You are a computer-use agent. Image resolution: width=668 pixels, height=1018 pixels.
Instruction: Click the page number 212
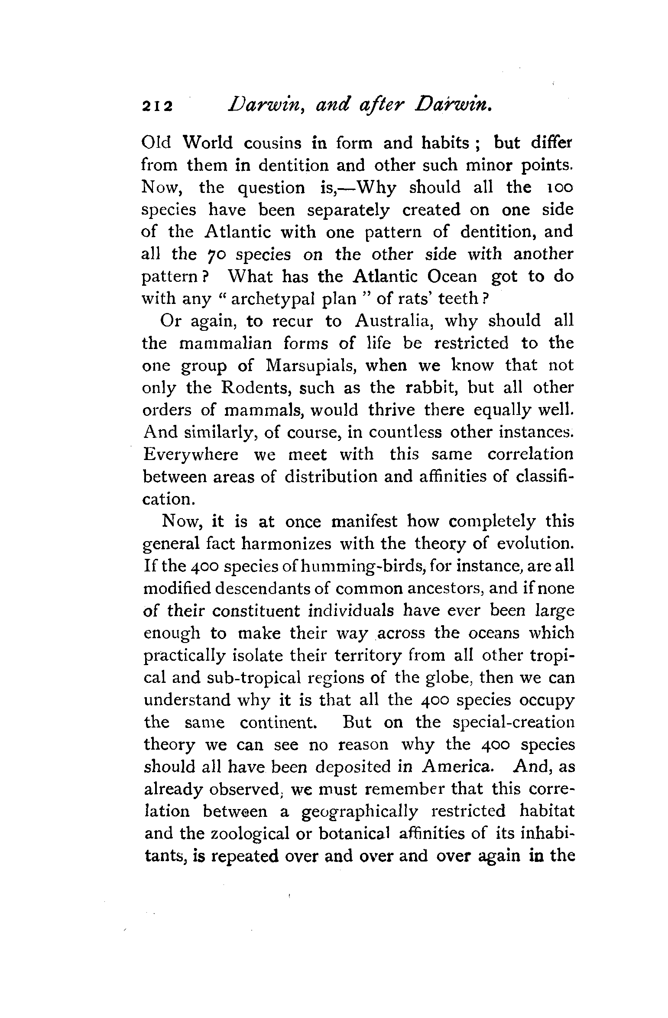click(157, 106)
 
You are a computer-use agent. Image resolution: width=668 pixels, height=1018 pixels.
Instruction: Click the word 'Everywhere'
click(191, 454)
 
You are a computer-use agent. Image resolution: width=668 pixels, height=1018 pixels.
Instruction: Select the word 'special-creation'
click(513, 723)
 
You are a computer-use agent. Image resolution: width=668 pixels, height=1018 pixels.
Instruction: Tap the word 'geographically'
click(360, 811)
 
